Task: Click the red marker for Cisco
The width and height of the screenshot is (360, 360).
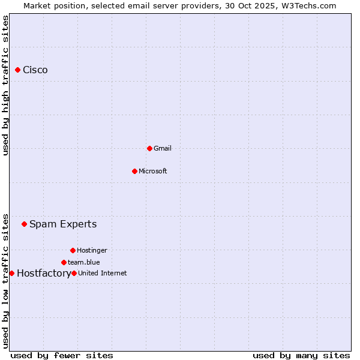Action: click(x=18, y=70)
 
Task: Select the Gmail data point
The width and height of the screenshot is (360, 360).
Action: click(x=149, y=148)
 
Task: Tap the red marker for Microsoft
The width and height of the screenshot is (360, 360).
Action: click(x=134, y=171)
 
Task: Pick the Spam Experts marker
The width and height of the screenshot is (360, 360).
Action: click(x=25, y=224)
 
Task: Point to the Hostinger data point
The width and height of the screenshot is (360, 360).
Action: click(x=73, y=250)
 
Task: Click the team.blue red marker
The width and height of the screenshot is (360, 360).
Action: click(x=64, y=262)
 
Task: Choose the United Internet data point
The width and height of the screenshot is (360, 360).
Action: click(x=74, y=273)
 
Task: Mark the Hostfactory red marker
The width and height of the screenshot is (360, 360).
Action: click(x=11, y=273)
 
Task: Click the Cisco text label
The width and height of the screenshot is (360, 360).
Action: click(x=35, y=70)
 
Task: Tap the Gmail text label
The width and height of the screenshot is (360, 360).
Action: click(x=163, y=148)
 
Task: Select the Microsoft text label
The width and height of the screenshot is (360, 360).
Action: click(x=153, y=171)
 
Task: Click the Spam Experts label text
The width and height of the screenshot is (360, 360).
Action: click(x=63, y=224)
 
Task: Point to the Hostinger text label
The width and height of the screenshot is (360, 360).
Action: click(x=92, y=250)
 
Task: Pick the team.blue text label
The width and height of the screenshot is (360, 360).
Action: click(x=84, y=262)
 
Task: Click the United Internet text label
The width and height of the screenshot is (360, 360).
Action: click(x=103, y=273)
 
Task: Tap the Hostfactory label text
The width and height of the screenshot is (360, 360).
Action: click(x=43, y=274)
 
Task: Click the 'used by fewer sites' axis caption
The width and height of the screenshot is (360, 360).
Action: click(x=62, y=356)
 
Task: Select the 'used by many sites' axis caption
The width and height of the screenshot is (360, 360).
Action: click(x=301, y=356)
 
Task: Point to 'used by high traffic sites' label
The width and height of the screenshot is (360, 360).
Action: click(x=5, y=85)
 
